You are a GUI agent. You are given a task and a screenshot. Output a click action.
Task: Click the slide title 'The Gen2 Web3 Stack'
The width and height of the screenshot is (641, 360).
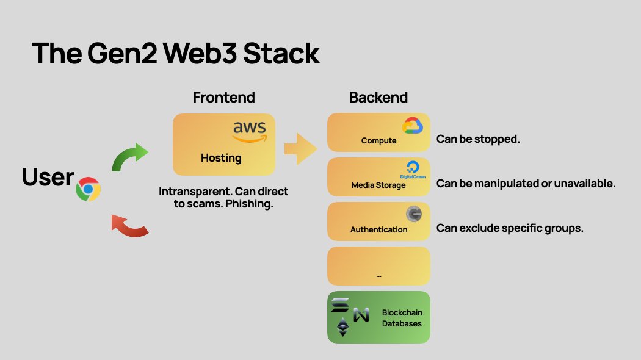pyautogui.click(x=175, y=54)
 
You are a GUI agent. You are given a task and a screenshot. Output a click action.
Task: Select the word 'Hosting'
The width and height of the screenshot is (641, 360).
pyautogui.click(x=221, y=158)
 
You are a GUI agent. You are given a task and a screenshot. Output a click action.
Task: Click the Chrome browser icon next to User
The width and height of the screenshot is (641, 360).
pyautogui.click(x=88, y=189)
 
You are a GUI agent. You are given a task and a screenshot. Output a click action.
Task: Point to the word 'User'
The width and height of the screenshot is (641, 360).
pyautogui.click(x=48, y=178)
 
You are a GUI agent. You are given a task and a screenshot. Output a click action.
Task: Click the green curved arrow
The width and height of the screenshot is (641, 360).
pyautogui.click(x=130, y=157)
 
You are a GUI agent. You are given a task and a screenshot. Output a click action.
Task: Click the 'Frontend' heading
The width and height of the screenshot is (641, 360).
pyautogui.click(x=223, y=98)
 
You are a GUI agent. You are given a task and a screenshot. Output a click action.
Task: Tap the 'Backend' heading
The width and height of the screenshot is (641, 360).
pyautogui.click(x=378, y=98)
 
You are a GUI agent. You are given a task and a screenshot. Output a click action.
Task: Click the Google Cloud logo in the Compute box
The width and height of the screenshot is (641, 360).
pyautogui.click(x=413, y=126)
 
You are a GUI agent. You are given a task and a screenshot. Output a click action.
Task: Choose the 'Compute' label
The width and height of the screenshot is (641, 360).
pyautogui.click(x=378, y=140)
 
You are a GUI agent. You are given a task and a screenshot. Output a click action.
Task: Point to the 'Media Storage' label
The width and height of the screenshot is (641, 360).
pyautogui.click(x=378, y=185)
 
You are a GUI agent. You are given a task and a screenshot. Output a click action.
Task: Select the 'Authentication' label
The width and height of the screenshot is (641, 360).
pyautogui.click(x=378, y=229)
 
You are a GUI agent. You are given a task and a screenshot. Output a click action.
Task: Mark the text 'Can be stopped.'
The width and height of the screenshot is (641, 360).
pyautogui.click(x=478, y=139)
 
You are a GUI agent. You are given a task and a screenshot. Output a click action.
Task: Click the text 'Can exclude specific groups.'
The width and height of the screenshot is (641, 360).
pyautogui.click(x=510, y=228)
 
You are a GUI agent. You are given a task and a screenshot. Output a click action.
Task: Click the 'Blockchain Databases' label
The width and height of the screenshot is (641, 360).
pyautogui.click(x=402, y=318)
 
